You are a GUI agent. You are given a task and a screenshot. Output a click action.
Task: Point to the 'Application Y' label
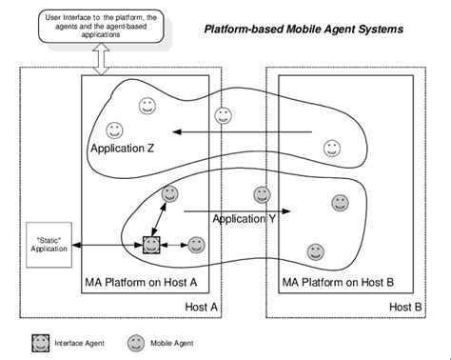click(x=245, y=219)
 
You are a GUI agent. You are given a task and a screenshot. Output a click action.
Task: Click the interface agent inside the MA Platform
click(x=151, y=246)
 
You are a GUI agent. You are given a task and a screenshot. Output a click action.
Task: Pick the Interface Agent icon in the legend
click(x=41, y=342)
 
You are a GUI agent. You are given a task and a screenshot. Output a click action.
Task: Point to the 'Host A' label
click(x=202, y=307)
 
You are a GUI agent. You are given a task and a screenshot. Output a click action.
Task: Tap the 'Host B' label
click(x=407, y=307)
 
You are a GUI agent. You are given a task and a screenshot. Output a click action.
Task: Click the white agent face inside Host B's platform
click(x=332, y=147)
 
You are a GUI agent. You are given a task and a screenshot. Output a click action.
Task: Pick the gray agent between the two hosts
click(x=261, y=195)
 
